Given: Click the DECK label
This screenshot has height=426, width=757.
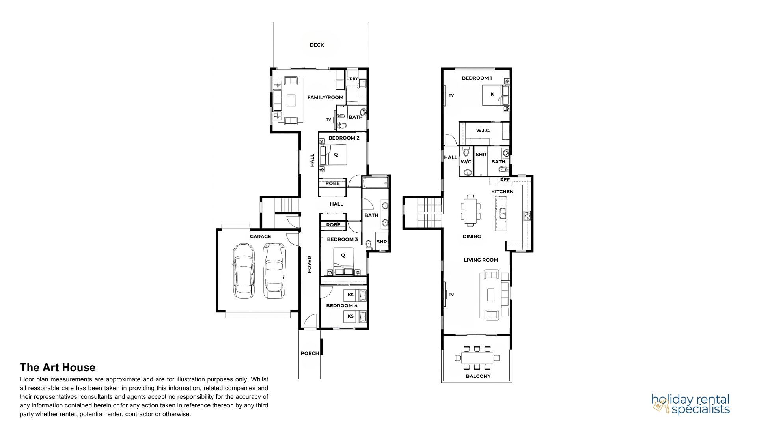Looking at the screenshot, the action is coord(317,45).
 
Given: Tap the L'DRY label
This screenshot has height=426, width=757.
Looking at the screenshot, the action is coord(352,79).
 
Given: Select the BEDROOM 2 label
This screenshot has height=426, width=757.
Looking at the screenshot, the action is coord(344,138).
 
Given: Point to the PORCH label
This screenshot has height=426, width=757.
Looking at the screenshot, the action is coord(310,353).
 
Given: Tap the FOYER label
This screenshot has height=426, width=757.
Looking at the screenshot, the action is coord(310,264).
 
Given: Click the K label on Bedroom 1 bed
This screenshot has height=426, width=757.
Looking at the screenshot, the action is coord(492,94).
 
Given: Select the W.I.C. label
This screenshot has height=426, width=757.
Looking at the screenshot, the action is coord(483,131).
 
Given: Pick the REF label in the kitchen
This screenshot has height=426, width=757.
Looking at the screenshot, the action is coord(505,180).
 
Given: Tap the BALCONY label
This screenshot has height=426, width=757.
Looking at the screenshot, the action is coord(478,376).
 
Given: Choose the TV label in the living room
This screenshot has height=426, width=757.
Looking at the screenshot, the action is coord(451,295).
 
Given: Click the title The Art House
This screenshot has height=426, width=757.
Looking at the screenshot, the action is coord(58,368).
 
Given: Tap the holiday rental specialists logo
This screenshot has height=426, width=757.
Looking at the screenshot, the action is coord(691,404).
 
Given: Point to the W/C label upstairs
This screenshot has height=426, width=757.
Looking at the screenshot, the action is coord(466,162).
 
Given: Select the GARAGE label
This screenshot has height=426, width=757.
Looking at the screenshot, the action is coord(260,237).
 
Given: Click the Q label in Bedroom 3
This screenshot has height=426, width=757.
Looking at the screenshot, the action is coord(343,255).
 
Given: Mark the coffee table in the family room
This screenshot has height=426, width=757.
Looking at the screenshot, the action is coord(291,101).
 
